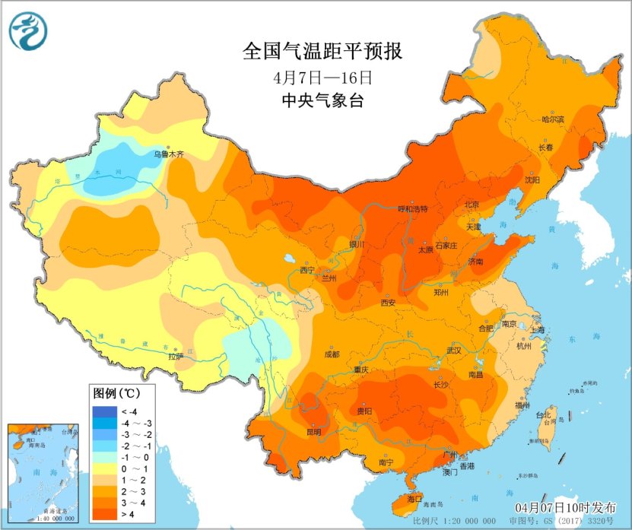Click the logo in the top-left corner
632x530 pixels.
28,31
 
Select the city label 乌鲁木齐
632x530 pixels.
169,154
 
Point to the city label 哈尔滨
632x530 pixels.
553,119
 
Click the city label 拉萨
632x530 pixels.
176,356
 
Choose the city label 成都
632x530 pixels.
332,354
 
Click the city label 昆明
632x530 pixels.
313,432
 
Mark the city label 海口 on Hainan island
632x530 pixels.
414,498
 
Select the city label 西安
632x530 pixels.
388,302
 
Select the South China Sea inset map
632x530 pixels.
43,473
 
